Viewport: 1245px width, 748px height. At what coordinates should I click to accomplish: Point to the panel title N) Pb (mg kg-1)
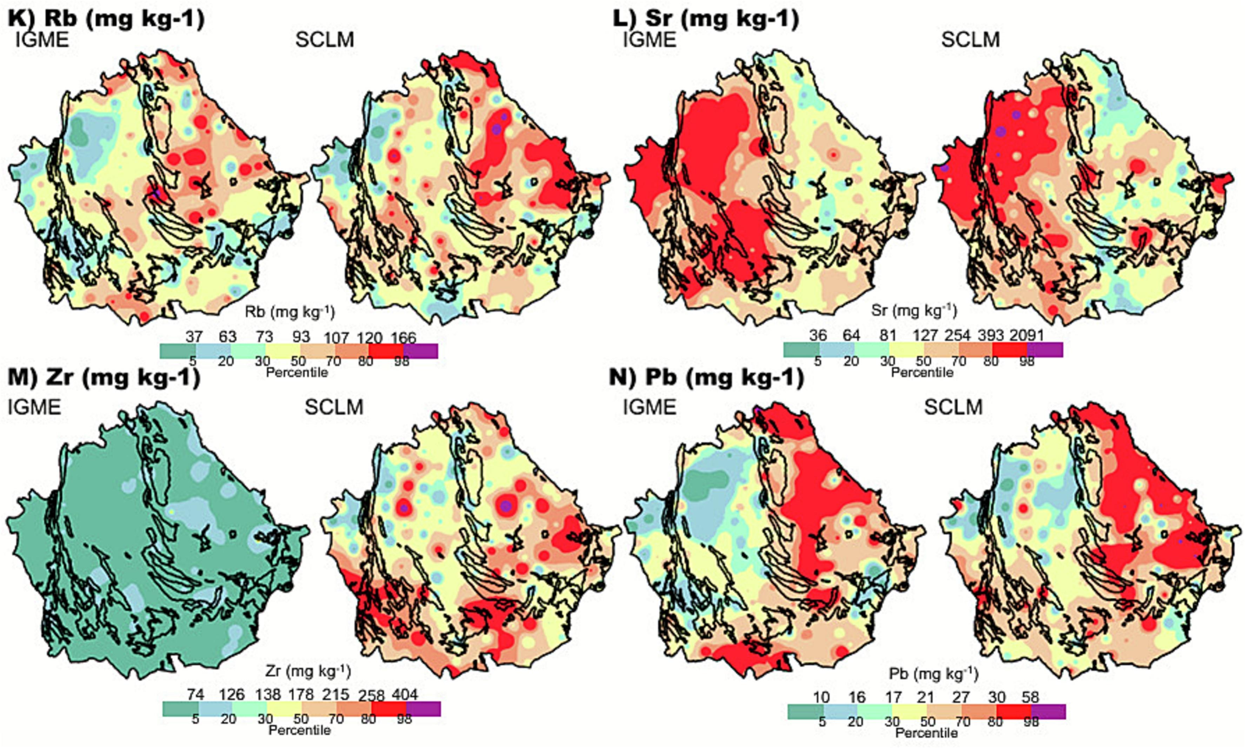(706, 378)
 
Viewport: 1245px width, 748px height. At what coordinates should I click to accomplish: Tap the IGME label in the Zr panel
(34, 407)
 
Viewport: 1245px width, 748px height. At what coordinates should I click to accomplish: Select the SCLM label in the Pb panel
(953, 407)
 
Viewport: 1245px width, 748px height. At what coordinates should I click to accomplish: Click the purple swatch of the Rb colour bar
(420, 351)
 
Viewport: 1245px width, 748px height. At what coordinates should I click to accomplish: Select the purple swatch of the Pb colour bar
(1048, 711)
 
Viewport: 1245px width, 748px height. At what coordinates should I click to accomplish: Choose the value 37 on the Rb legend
(194, 337)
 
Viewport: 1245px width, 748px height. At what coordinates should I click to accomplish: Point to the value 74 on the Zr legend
(195, 695)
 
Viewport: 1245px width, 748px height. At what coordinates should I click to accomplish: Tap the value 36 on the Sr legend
(818, 335)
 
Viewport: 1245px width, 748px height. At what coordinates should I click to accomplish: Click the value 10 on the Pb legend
(821, 697)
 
